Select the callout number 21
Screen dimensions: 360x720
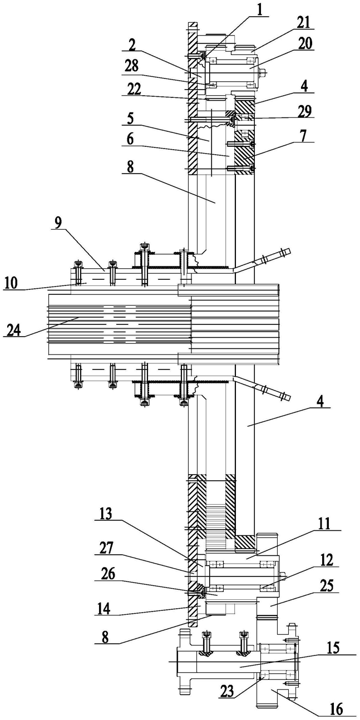point(303,23)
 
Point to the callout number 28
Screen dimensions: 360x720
point(131,67)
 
